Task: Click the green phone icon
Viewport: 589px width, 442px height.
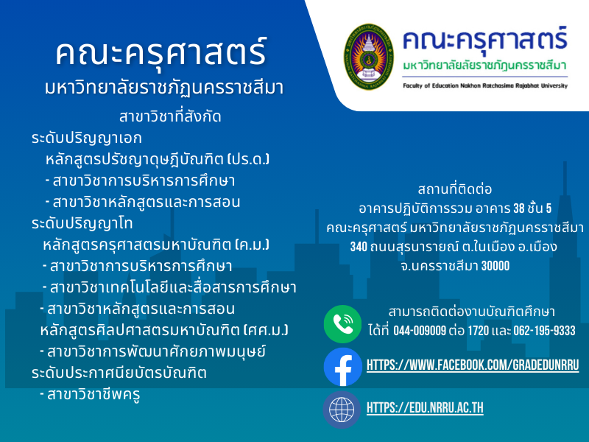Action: pos(342,324)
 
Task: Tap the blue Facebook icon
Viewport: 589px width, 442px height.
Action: pos(342,367)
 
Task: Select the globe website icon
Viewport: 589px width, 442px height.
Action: pos(342,410)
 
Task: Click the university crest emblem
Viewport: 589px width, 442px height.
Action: pos(369,57)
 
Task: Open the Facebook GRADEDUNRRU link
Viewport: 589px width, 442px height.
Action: pos(473,365)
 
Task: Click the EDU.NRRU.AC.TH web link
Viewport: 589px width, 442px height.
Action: pos(425,408)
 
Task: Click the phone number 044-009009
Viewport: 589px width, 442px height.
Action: pos(420,331)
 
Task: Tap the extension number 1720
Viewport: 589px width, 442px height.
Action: pos(478,331)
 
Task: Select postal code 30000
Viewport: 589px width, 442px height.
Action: pos(495,266)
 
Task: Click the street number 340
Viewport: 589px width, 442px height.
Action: pos(359,247)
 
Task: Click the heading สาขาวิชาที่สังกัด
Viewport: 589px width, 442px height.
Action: pos(170,116)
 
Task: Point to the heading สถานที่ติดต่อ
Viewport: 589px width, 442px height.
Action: pos(454,189)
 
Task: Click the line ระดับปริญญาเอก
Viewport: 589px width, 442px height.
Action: pos(87,138)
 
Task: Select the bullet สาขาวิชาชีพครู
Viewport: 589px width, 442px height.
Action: pos(90,395)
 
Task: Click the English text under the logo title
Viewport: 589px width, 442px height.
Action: pos(485,85)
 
